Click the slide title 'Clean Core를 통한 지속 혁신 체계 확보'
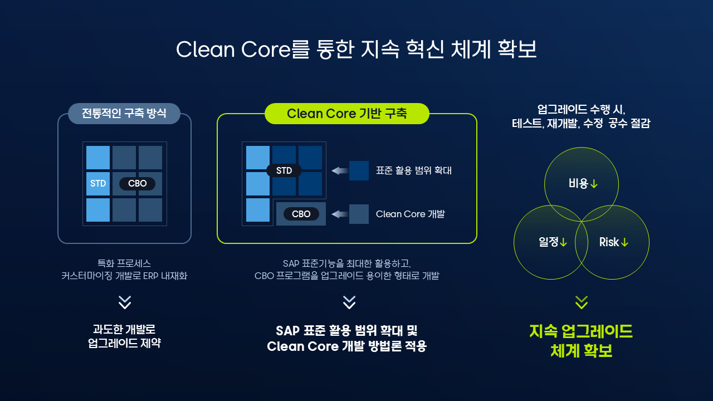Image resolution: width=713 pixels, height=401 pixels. (356, 50)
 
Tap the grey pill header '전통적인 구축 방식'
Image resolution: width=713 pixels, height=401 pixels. (124, 113)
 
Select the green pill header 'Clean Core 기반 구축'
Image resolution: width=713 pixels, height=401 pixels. (347, 113)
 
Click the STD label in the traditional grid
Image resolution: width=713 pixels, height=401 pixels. (98, 184)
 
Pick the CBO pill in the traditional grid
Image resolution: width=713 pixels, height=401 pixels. (137, 184)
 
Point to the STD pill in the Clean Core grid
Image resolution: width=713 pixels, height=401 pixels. (284, 170)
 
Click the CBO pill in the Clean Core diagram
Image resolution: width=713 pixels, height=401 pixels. (301, 214)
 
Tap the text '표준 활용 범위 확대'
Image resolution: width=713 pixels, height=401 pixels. (414, 170)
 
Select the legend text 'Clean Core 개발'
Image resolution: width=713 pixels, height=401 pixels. (411, 214)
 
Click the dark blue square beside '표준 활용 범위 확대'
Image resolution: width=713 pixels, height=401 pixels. (359, 170)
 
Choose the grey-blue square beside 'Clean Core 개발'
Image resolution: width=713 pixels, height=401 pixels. (359, 214)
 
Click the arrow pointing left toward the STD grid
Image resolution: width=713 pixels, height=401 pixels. (340, 170)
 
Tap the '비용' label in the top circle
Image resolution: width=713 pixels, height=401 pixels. (578, 184)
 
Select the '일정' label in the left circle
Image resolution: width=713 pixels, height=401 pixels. (548, 242)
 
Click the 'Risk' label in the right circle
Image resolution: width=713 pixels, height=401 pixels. (609, 242)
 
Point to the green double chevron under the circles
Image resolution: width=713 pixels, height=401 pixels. (582, 302)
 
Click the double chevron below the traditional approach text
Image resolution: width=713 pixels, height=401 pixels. (124, 302)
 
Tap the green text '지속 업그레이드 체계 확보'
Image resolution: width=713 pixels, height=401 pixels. (581, 341)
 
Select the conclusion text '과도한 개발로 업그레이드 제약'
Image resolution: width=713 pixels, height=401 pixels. (124, 336)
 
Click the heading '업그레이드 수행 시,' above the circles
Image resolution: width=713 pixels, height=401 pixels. (581, 110)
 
